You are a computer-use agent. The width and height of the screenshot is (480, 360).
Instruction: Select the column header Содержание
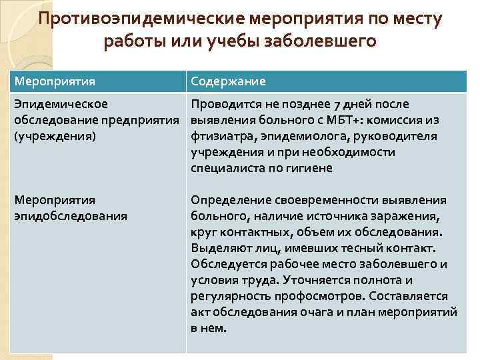coord(228,81)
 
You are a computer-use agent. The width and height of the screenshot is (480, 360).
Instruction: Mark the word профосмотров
coord(312,296)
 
